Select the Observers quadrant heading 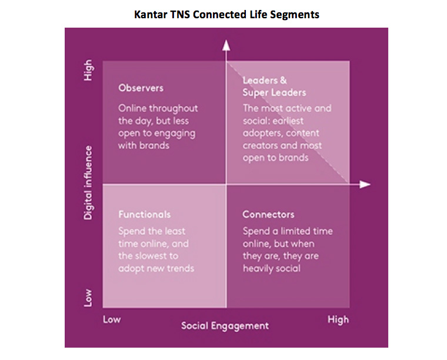[141, 88]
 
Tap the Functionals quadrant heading [145, 214]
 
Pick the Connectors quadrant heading [268, 214]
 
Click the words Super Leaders [274, 92]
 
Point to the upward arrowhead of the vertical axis [226, 46]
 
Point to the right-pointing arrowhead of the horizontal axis [365, 185]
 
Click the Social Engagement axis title [225, 326]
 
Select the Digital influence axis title [88, 183]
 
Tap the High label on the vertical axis [88, 70]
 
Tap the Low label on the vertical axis [88, 298]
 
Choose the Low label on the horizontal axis [112, 319]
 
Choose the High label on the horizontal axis [338, 320]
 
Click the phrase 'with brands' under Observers [144, 146]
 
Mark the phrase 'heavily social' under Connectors [271, 268]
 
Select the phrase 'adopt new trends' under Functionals [156, 268]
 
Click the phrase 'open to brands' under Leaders [275, 158]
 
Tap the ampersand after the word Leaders [283, 81]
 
